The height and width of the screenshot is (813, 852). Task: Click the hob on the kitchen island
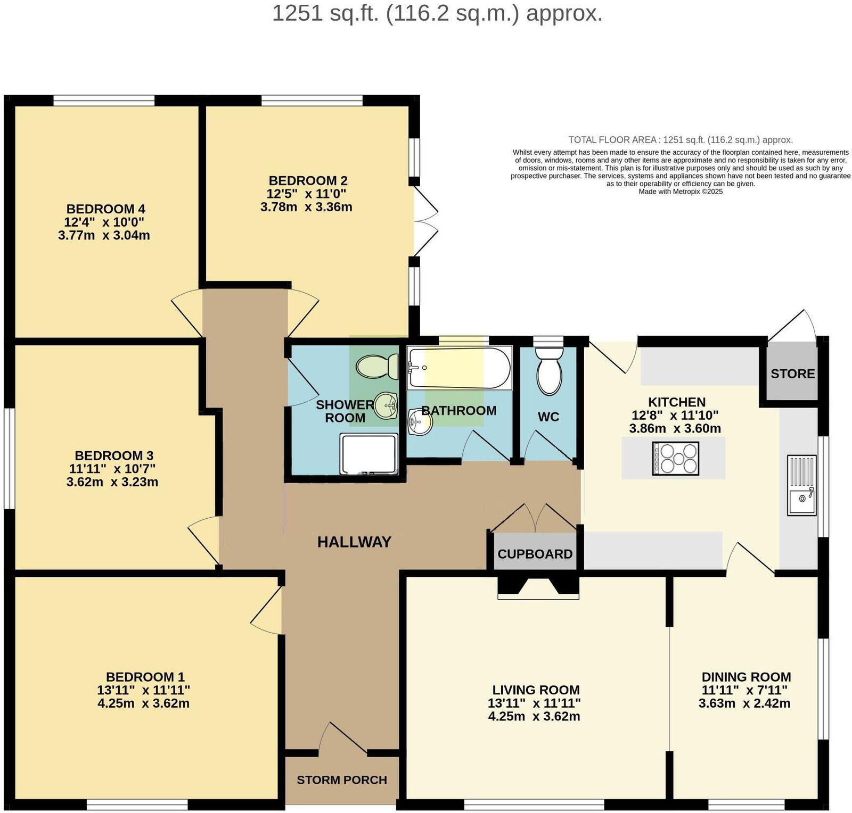coord(675,459)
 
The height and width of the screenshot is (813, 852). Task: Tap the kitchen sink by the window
coord(801,485)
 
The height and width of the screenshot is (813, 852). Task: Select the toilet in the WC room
coord(549,372)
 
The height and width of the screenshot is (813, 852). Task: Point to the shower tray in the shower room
coord(369,454)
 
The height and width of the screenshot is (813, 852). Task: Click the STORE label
coord(792,374)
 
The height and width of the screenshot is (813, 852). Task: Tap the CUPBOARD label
coord(535,554)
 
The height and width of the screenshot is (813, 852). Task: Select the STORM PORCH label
coord(342,780)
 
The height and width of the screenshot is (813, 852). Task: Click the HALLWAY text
coord(354,542)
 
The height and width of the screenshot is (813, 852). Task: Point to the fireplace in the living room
coord(538,587)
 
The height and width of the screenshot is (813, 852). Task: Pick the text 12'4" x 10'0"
coord(104,222)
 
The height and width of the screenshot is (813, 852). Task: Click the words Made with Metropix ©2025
coord(681,192)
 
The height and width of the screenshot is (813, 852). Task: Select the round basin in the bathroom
coord(420,422)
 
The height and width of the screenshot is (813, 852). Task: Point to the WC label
coord(548,417)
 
